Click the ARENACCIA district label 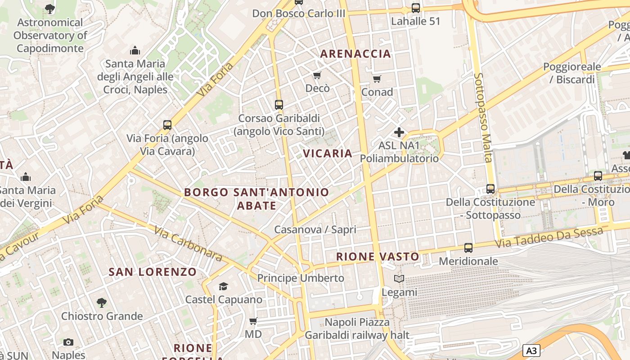(355, 54)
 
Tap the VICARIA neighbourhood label (328, 153)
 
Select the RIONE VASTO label (378, 257)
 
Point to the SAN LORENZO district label (153, 272)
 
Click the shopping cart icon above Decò (317, 75)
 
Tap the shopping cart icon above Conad (377, 79)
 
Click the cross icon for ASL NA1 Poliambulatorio (399, 132)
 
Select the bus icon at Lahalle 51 (416, 8)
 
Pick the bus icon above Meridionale (468, 248)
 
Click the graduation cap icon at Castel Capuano (224, 287)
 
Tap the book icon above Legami (399, 279)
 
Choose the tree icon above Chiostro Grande (102, 303)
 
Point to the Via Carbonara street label (188, 243)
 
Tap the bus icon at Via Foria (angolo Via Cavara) (167, 125)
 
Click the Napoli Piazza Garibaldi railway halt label (357, 328)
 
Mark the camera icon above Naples (68, 342)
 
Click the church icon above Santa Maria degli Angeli (135, 50)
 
